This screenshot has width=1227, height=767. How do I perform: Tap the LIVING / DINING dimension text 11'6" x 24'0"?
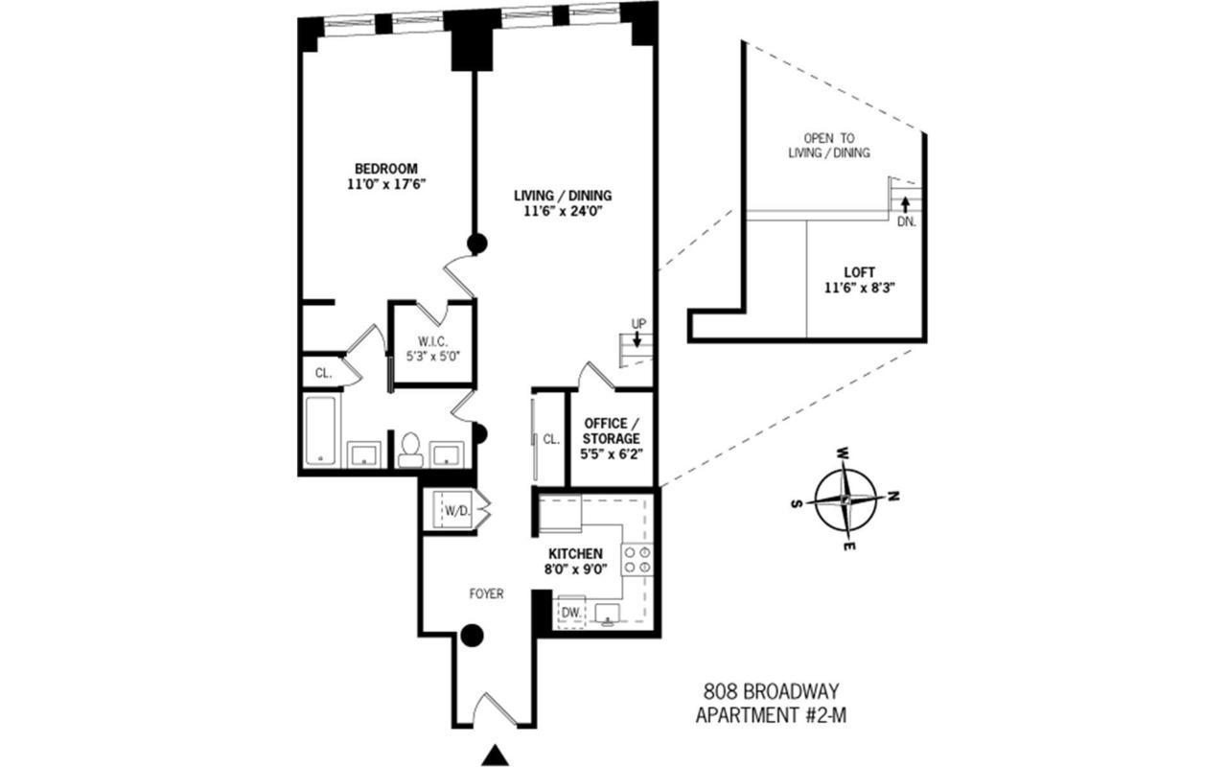(x=563, y=212)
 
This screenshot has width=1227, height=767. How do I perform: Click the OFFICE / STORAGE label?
(x=612, y=430)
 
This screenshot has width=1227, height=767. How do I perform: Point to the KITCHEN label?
(x=575, y=554)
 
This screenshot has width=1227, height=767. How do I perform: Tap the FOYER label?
(x=486, y=594)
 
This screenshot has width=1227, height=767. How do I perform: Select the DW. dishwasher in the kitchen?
(x=571, y=612)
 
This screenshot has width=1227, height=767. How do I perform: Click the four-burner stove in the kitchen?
(x=637, y=559)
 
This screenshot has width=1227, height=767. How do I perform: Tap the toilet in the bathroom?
(x=411, y=449)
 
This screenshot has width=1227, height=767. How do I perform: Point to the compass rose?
(x=845, y=499)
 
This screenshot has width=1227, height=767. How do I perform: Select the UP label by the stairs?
(x=637, y=323)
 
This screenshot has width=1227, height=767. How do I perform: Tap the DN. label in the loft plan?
(x=906, y=221)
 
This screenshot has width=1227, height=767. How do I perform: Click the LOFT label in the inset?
(x=859, y=271)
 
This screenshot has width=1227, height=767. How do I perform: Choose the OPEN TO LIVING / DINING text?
(x=829, y=145)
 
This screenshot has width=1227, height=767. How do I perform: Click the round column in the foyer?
(x=471, y=635)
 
